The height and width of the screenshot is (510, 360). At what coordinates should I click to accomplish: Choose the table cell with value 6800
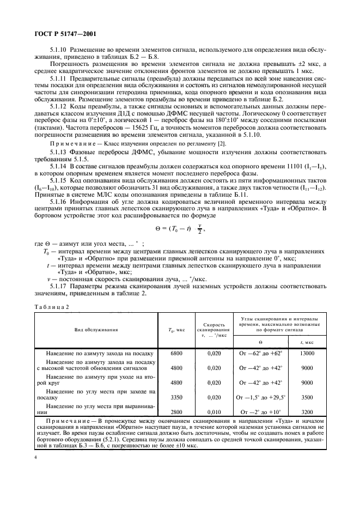177,353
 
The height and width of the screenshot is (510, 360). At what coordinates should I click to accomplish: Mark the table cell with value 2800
177,412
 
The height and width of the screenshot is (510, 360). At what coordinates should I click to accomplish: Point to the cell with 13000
307,353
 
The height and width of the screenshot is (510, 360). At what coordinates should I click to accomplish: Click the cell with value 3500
307,397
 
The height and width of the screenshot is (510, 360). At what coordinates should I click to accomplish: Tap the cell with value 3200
307,412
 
